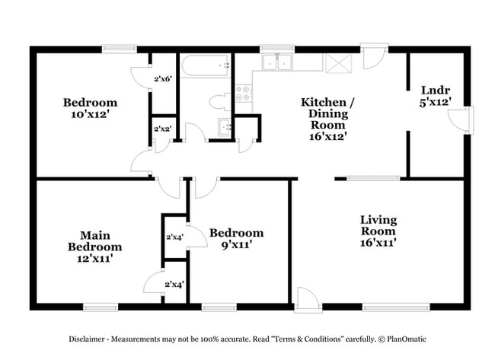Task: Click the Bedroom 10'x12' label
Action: [90, 109]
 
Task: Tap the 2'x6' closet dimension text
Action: [163, 78]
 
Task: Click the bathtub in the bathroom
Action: [206, 69]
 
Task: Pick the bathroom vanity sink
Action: [225, 127]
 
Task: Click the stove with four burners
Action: [245, 94]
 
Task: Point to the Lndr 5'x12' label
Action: [436, 94]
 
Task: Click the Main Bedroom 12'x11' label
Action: [94, 247]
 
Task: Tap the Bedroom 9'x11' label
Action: [237, 238]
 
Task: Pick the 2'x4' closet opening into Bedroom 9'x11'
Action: [174, 237]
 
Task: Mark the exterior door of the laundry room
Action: [459, 119]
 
